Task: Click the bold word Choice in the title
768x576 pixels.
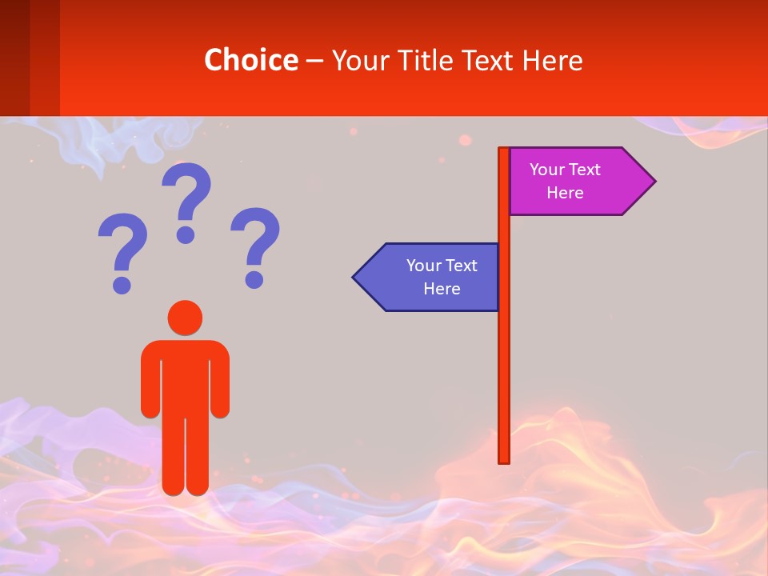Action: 250,60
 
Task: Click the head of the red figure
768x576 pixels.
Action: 185,318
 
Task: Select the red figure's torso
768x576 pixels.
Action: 185,376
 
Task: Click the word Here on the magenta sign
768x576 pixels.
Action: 565,193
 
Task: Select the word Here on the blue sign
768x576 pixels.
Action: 442,289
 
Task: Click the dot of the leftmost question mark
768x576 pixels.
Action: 122,284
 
